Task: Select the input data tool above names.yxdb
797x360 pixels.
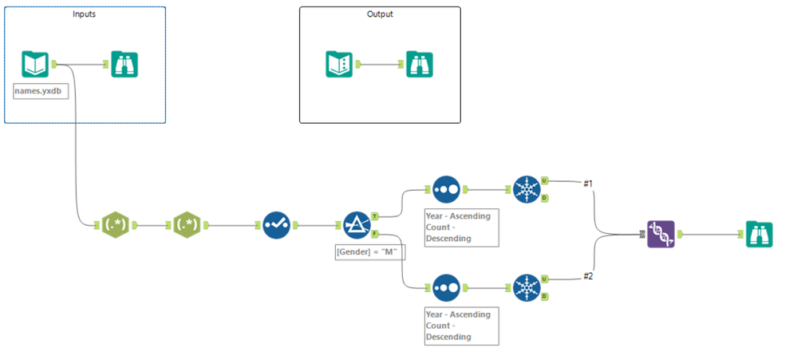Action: tap(35, 64)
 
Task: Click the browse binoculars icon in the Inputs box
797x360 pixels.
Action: tap(124, 64)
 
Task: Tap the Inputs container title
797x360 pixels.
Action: tap(85, 14)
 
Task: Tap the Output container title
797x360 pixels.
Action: tap(380, 14)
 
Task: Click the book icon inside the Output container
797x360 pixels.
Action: tap(339, 64)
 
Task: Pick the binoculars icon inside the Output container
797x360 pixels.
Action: tap(420, 64)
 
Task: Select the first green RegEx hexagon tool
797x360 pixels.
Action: tap(116, 226)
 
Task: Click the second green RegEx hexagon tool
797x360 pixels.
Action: tap(188, 226)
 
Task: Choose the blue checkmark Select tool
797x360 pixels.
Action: tap(277, 226)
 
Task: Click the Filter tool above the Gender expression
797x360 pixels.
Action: tap(356, 226)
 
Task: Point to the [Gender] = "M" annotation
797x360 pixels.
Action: tap(366, 253)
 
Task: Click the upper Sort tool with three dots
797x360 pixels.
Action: tap(447, 190)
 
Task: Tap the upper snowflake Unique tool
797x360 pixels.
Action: tap(527, 190)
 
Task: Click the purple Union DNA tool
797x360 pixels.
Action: tap(661, 234)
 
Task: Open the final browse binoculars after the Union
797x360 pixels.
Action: tap(759, 234)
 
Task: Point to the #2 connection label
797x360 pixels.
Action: tap(589, 276)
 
